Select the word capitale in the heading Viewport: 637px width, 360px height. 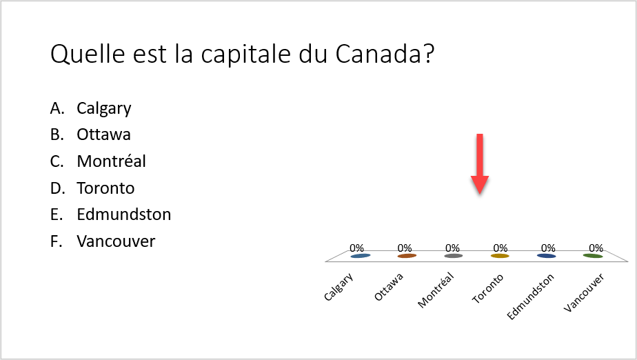[x=246, y=55]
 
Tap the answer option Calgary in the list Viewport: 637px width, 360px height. [x=104, y=109]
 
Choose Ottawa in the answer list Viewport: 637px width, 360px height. [x=103, y=134]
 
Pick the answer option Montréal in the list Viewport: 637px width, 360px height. [x=111, y=161]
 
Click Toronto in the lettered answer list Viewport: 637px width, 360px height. [x=105, y=188]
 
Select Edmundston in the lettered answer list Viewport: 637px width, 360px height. [x=124, y=214]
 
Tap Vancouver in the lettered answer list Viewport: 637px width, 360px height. [x=116, y=241]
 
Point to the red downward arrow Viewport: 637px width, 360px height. [x=480, y=163]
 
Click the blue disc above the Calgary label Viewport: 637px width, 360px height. [x=361, y=256]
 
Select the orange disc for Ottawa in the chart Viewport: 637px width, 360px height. [x=407, y=256]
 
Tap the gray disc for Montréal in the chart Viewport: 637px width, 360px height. [x=454, y=256]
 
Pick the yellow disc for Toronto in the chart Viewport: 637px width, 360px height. [x=500, y=256]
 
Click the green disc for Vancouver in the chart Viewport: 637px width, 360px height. [x=593, y=256]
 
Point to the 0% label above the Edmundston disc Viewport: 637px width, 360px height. [x=548, y=248]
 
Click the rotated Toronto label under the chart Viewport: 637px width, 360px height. [x=487, y=288]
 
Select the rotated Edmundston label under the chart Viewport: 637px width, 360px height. [x=530, y=297]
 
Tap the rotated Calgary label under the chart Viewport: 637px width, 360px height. [x=338, y=287]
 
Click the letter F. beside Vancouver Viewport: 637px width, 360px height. [x=56, y=241]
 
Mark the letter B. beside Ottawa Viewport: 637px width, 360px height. [x=57, y=134]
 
